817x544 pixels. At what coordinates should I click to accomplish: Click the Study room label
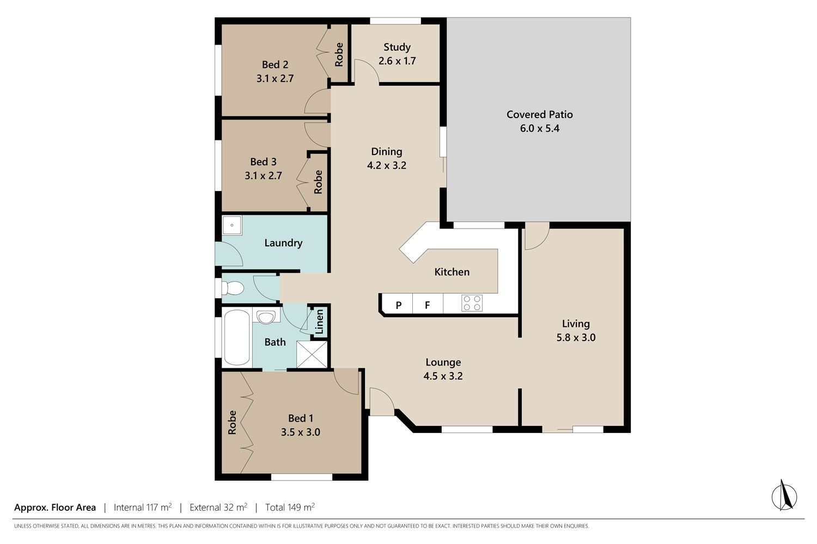397,47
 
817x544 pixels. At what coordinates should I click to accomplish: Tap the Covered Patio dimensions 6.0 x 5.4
539,128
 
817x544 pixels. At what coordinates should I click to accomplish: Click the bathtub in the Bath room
237,337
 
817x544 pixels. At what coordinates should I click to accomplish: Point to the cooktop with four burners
472,303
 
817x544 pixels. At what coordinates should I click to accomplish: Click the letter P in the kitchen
399,305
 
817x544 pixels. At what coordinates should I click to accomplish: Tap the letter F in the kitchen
428,305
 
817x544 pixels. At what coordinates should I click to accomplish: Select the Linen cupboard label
320,322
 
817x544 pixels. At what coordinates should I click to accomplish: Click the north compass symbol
784,497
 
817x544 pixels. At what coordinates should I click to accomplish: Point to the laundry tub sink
231,225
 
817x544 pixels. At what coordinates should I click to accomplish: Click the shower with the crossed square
312,355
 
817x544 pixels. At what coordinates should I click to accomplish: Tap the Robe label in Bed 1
232,423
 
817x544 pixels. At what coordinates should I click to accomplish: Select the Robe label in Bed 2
339,54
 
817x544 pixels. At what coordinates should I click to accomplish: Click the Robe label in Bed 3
319,182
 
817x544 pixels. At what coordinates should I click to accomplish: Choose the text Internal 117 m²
143,507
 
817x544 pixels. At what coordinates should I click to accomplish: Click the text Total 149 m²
290,507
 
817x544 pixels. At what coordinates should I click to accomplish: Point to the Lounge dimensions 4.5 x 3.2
443,376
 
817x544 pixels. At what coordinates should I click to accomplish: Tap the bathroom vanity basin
266,317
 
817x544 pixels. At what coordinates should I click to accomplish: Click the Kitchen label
452,272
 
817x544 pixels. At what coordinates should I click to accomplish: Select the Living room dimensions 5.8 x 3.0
576,337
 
